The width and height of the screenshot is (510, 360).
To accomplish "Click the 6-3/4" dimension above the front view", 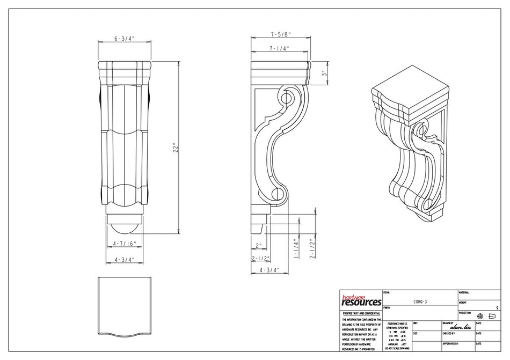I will (x=124, y=39).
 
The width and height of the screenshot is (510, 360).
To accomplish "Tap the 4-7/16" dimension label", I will (x=124, y=244).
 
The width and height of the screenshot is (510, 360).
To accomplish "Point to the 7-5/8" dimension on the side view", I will (x=280, y=34).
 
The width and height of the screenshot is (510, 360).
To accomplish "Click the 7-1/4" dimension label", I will (x=279, y=48).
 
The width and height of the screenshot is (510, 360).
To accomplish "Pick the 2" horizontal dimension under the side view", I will (x=259, y=246).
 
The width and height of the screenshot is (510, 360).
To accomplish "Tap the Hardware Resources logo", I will (x=360, y=300).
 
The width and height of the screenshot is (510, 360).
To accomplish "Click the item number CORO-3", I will (x=420, y=302).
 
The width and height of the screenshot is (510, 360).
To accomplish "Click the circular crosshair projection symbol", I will (x=480, y=316).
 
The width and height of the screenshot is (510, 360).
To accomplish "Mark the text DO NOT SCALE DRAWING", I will (x=397, y=348).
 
